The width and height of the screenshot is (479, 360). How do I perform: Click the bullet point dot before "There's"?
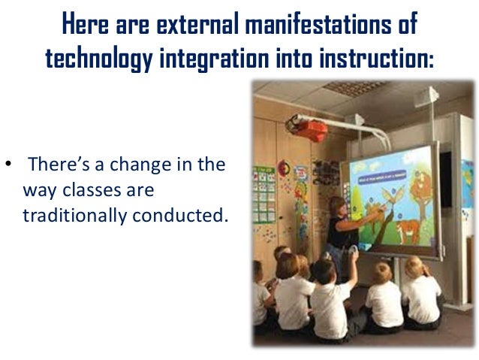point(8,165)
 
